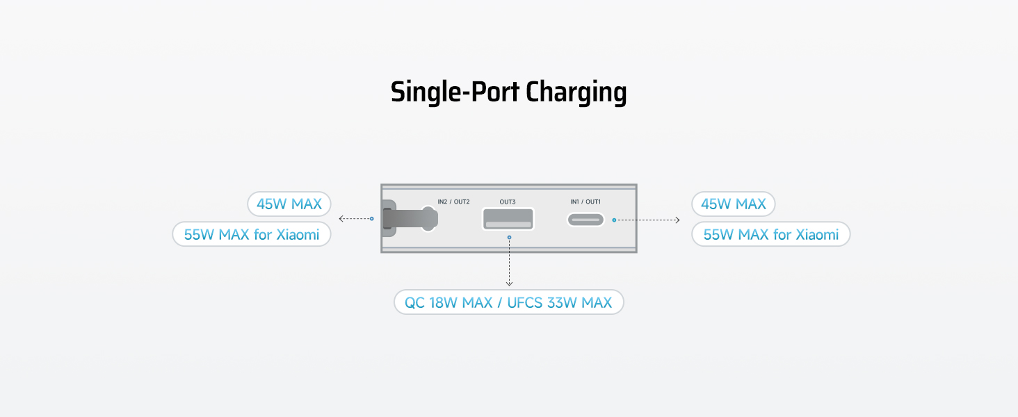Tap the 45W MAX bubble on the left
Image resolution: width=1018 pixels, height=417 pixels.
click(289, 204)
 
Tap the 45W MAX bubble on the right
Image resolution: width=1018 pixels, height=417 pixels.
click(734, 204)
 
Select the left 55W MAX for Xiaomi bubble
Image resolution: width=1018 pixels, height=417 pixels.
click(252, 234)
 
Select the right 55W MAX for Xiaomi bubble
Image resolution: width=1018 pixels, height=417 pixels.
click(771, 234)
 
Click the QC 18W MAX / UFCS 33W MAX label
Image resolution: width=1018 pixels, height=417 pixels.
click(508, 302)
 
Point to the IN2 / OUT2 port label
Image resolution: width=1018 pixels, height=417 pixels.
click(453, 202)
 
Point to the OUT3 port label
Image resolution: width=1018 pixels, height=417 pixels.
click(508, 202)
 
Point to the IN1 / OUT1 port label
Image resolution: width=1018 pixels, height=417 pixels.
click(585, 202)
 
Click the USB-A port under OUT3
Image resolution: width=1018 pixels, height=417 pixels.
click(508, 219)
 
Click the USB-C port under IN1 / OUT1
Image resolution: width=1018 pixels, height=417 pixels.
click(585, 220)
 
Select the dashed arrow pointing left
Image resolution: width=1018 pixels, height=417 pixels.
click(353, 219)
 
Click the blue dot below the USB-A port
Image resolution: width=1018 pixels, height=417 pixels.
click(509, 238)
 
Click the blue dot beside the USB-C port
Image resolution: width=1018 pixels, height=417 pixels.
click(614, 220)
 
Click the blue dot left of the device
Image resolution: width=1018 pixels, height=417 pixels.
click(371, 219)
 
